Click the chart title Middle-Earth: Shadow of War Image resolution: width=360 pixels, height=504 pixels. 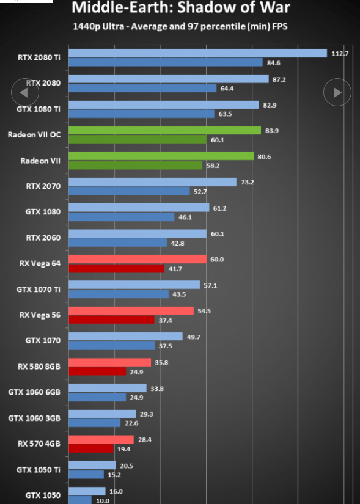click(x=181, y=7)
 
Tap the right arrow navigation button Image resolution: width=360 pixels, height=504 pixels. click(x=337, y=92)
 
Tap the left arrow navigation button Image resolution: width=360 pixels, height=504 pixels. click(x=25, y=92)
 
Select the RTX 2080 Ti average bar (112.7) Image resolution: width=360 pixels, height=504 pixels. click(x=198, y=53)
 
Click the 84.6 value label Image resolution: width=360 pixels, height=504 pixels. click(x=273, y=63)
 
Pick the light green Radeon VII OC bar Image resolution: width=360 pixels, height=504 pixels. click(x=164, y=130)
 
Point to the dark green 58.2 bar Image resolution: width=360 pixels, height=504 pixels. click(x=136, y=165)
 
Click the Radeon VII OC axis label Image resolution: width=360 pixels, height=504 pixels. click(x=34, y=134)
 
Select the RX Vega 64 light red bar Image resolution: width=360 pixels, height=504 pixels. click(x=138, y=259)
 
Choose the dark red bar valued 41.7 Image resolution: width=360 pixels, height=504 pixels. click(x=117, y=268)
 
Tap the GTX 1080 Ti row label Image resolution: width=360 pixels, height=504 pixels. click(x=39, y=109)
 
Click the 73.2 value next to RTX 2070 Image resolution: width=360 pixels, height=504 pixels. click(x=248, y=182)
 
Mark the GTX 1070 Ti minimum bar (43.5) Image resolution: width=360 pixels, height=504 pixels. click(x=119, y=294)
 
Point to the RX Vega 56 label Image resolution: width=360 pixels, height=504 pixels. click(x=40, y=315)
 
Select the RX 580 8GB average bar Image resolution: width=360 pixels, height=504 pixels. click(x=109, y=362)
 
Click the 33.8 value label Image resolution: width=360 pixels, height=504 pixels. click(x=157, y=389)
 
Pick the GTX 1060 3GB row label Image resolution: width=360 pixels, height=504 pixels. click(x=34, y=418)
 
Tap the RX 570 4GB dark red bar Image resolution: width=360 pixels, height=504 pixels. click(x=91, y=448)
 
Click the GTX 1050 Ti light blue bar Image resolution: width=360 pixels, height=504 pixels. click(x=92, y=465)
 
